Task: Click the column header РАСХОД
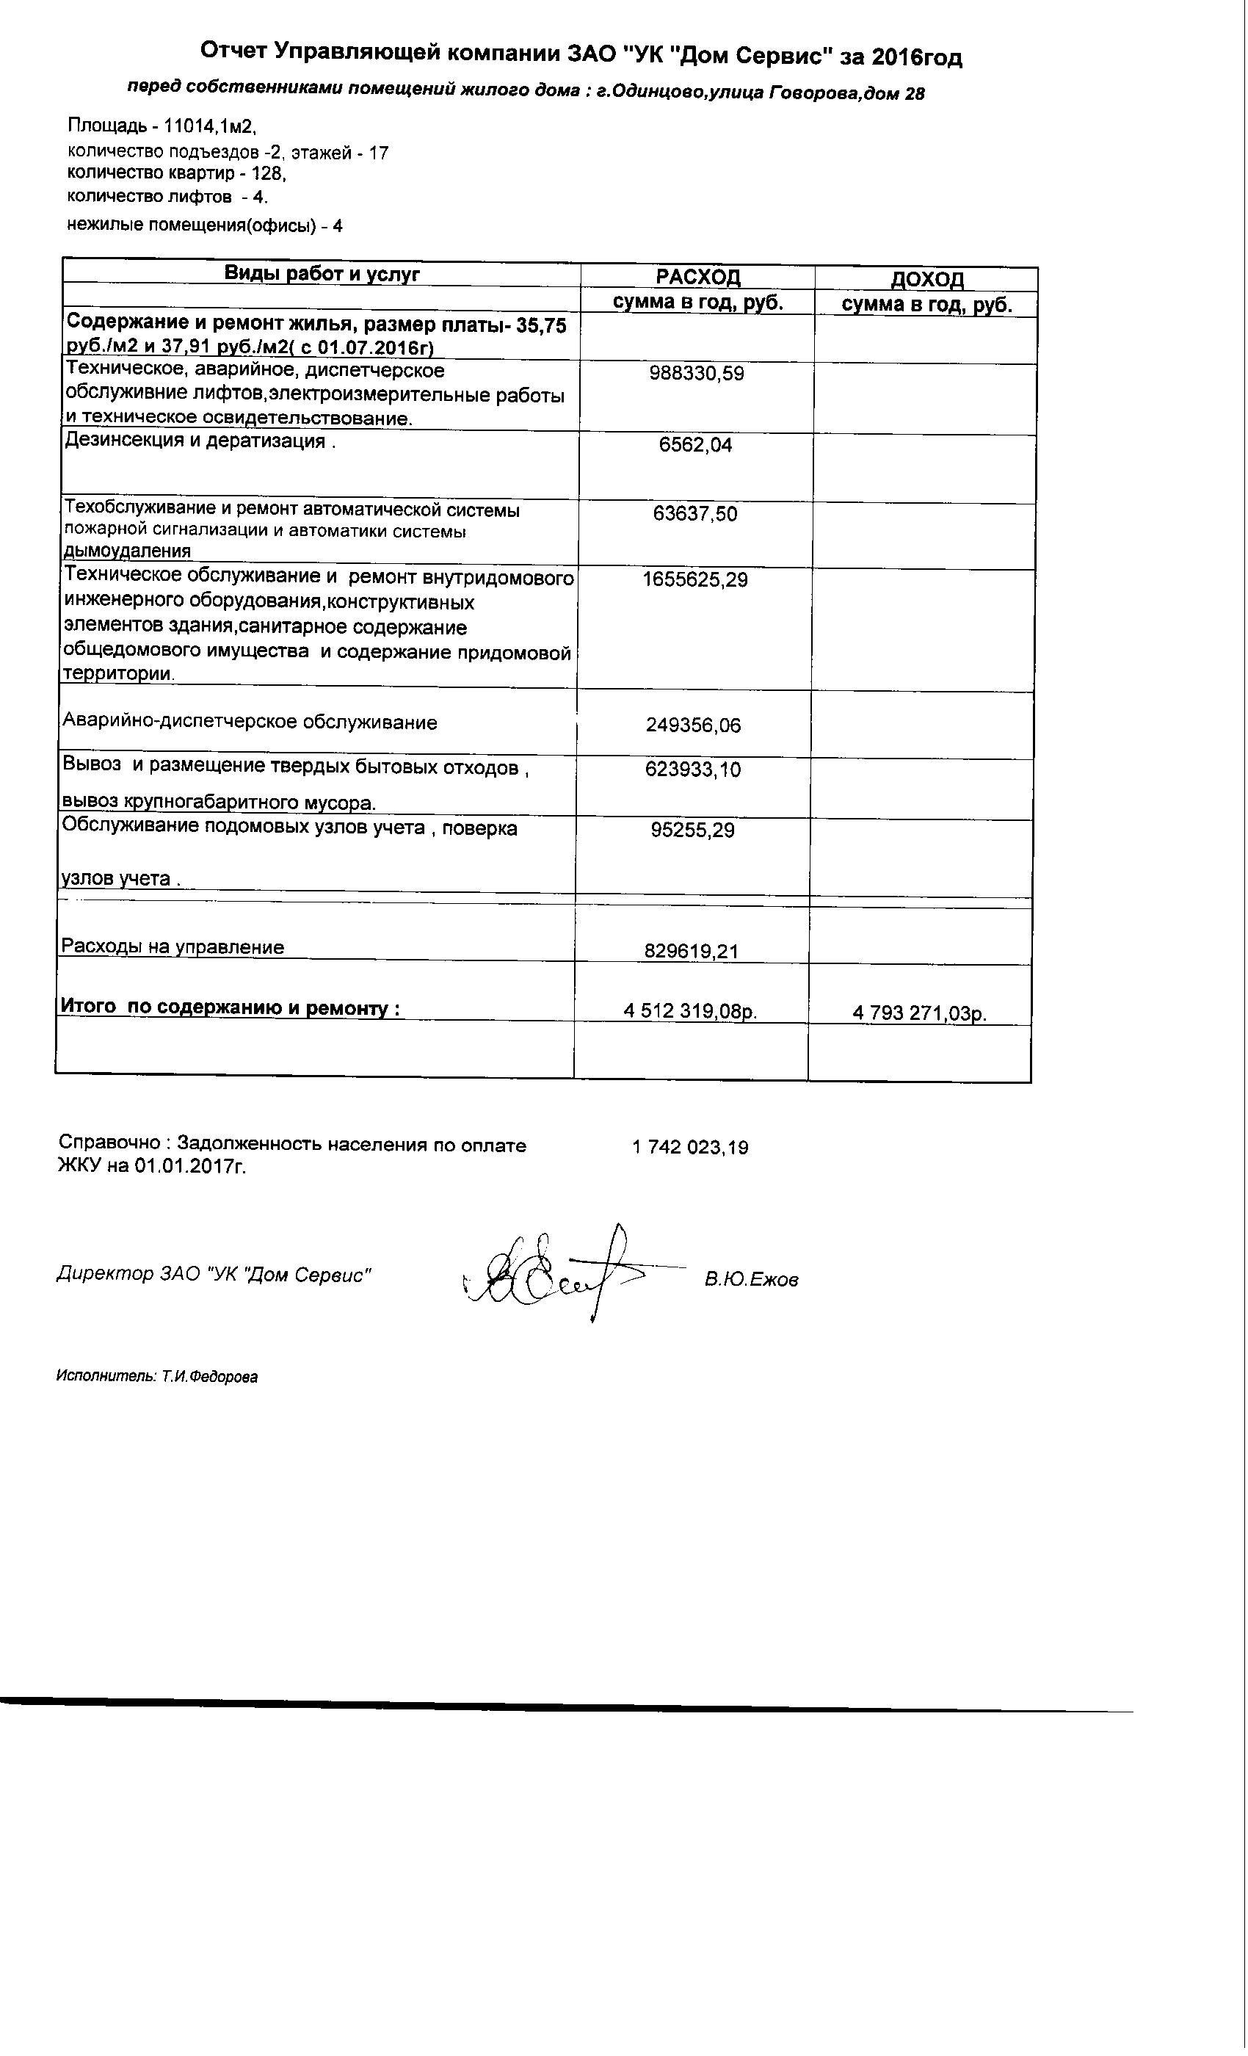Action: [697, 277]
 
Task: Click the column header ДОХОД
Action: [926, 279]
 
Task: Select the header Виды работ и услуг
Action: [322, 274]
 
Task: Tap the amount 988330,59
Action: [697, 373]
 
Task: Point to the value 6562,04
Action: [696, 445]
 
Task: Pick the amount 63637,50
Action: [695, 513]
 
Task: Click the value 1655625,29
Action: [695, 579]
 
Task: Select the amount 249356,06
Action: [693, 725]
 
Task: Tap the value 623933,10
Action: [693, 769]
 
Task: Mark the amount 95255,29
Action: [692, 830]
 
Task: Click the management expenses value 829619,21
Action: [692, 950]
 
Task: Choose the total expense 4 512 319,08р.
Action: [691, 1012]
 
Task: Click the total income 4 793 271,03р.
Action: [919, 1014]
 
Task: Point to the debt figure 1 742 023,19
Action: [691, 1147]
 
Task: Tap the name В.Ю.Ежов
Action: [751, 1280]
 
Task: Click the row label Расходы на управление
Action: [173, 947]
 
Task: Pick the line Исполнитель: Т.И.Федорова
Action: [157, 1377]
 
